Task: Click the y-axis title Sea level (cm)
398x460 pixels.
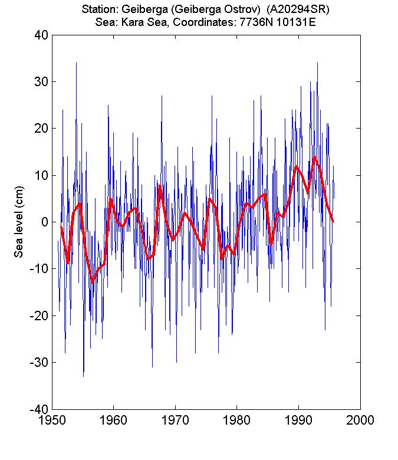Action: [19, 222]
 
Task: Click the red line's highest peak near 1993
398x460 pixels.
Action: [315, 157]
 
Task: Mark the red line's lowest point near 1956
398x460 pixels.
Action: [92, 282]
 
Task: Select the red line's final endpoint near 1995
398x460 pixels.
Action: [333, 221]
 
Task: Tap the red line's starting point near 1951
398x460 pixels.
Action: [61, 227]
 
